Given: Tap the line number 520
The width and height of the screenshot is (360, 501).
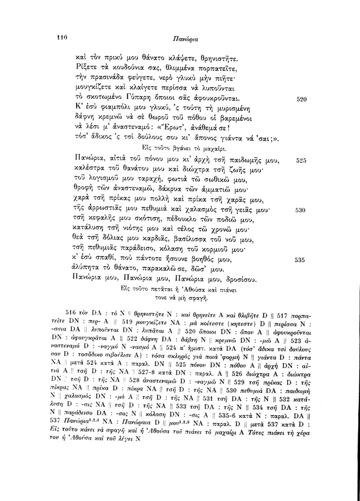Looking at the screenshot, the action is click(302, 99).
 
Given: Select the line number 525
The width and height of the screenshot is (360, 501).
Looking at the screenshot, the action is click(302, 160).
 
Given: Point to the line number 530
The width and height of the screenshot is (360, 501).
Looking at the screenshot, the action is click(302, 210).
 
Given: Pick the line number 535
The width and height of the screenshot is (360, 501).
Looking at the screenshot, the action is click(302, 259).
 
